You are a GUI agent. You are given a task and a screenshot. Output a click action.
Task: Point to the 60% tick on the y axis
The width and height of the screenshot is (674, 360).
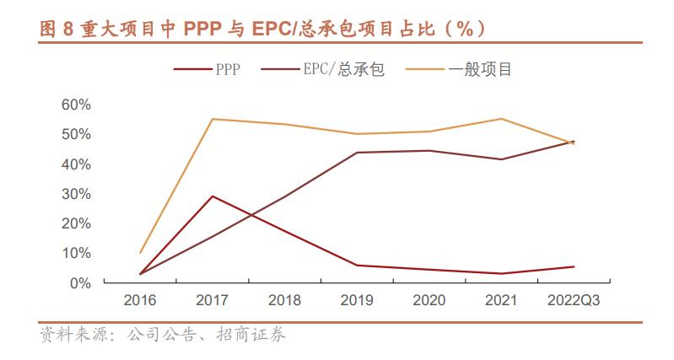pos(76,105)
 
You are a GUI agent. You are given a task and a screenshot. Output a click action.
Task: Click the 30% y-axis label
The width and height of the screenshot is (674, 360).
pos(76,194)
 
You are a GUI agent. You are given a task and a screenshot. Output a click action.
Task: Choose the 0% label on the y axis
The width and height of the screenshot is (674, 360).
pos(79,283)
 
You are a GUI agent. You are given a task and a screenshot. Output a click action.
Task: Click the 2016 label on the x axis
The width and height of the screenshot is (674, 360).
pos(140,300)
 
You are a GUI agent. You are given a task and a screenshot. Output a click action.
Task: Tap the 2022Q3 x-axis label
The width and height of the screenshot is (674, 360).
pos(574,300)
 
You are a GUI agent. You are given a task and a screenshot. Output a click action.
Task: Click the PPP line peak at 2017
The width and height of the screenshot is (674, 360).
pos(212,196)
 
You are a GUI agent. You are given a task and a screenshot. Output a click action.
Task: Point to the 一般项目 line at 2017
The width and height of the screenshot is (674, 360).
pos(212,119)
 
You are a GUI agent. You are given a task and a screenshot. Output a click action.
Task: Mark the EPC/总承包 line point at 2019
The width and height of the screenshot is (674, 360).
pos(356,153)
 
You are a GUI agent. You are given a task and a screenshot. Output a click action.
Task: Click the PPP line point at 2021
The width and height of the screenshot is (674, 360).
pos(501,273)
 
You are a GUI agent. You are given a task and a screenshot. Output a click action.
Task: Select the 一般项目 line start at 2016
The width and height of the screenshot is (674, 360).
pos(140,253)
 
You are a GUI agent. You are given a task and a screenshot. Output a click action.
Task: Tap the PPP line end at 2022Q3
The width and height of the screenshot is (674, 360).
pos(574,266)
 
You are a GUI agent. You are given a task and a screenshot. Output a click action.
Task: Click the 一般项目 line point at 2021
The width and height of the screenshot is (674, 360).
pos(501,119)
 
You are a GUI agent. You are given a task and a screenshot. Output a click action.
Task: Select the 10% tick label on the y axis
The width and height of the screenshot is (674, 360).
pos(76,253)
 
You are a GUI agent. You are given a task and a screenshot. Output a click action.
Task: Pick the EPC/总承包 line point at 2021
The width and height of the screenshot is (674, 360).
pos(501,159)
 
